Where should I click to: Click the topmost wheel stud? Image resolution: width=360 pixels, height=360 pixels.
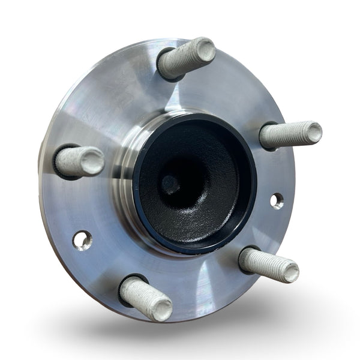186,58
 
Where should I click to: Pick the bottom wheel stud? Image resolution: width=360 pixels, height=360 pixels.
145,298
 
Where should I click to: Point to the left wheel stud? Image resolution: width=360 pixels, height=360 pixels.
79,161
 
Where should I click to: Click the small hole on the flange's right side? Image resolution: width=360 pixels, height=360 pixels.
277,200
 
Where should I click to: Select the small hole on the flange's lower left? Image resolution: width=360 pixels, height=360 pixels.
82,240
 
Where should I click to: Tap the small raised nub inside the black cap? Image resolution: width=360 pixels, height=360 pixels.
170,185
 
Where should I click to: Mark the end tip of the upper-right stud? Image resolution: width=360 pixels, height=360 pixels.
314,131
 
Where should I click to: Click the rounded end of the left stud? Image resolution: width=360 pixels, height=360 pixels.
94,161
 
